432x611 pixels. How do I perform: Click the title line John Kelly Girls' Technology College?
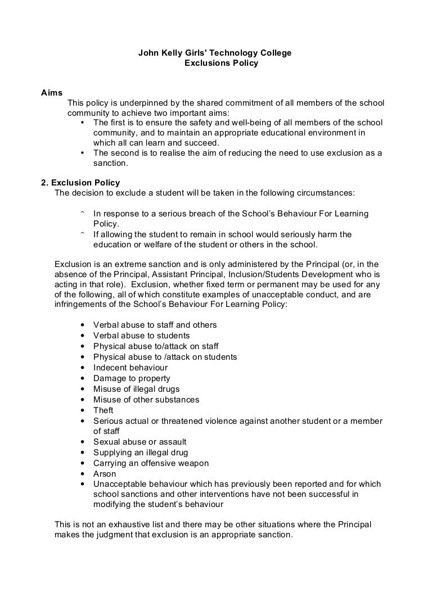click(215, 53)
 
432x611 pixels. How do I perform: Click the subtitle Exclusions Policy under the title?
click(221, 63)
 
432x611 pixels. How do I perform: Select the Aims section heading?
click(52, 93)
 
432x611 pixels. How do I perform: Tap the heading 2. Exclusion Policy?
click(80, 183)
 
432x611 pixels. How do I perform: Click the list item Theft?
click(103, 410)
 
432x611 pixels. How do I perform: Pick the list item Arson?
click(105, 473)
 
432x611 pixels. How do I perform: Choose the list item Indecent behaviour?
click(130, 368)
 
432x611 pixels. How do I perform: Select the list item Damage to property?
click(132, 378)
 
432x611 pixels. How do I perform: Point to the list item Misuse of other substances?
click(146, 400)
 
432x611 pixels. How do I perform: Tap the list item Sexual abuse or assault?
click(139, 442)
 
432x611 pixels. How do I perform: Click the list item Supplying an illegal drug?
click(141, 452)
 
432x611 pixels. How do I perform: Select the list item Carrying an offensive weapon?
click(151, 463)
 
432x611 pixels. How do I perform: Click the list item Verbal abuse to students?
click(141, 336)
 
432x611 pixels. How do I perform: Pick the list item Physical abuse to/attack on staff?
click(156, 346)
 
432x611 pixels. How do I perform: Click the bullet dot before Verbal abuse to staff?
click(83, 325)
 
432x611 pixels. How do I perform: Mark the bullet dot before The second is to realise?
click(83, 153)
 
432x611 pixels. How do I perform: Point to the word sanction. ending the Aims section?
click(111, 164)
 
